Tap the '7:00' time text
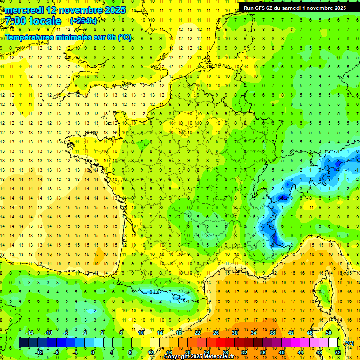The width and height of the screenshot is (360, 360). pos(15,21)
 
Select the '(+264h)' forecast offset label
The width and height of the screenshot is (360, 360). pos(83,21)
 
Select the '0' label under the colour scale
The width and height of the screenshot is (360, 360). pos(93,352)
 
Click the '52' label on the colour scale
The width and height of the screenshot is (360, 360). pos(338,352)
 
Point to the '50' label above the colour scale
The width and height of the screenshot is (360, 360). pos(329,333)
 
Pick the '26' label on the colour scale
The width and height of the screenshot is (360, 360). pos(216,333)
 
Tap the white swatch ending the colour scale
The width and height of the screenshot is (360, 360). pos(333,343)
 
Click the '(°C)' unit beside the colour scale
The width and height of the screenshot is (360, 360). pos(349,343)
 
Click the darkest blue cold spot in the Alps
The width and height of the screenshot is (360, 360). pos(283,198)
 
